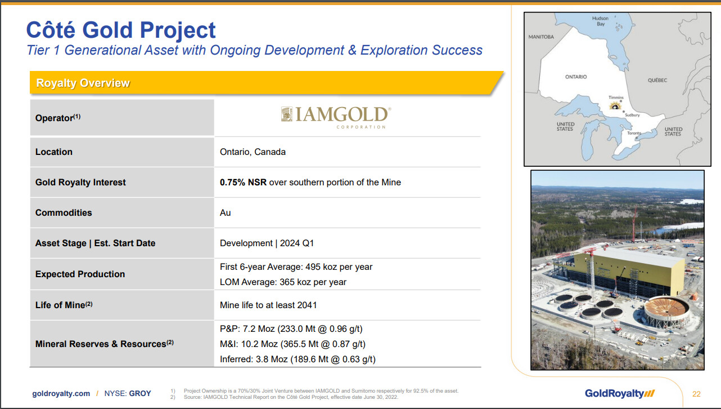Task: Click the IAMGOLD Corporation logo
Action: tap(336, 118)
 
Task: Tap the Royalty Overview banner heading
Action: tap(83, 83)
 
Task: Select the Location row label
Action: tap(54, 152)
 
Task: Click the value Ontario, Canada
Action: tap(253, 152)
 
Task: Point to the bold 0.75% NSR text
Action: tap(244, 183)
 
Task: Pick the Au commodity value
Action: tap(226, 213)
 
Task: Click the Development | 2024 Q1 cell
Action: tap(267, 243)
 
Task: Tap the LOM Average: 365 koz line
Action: tap(283, 282)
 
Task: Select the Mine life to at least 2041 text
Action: tap(268, 305)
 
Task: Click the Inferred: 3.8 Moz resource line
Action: tap(298, 359)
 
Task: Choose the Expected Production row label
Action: tap(80, 274)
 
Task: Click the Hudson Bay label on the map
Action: tap(600, 21)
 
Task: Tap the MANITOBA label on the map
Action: tap(541, 37)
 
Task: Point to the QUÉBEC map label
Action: tap(657, 80)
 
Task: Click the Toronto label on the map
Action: tap(634, 133)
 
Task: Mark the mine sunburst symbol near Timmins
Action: tap(615, 106)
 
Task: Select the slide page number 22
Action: tap(696, 394)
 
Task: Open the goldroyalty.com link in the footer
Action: tap(61, 394)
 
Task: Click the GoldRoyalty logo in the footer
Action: tap(620, 393)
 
